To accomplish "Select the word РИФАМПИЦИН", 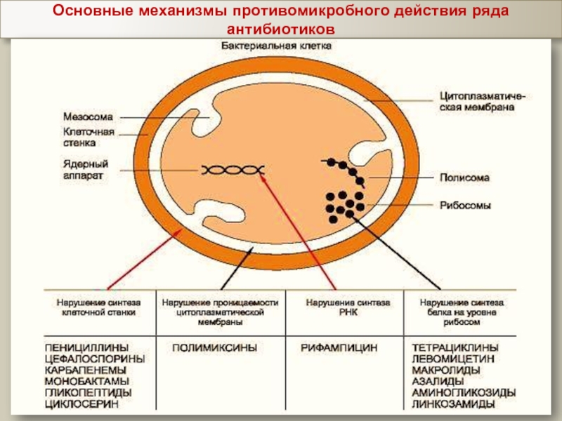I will tap(339, 347).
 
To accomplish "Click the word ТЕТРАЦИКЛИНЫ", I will tap(456, 347).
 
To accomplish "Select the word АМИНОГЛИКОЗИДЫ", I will tap(464, 393).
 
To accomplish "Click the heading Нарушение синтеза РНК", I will tap(338, 307).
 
